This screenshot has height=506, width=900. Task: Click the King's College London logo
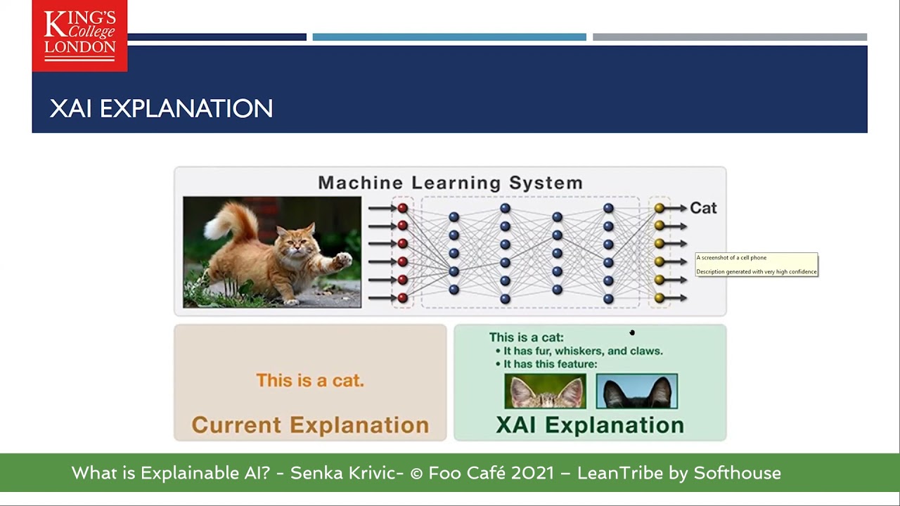pyautogui.click(x=79, y=35)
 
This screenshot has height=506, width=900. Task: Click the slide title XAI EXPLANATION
pyautogui.click(x=161, y=109)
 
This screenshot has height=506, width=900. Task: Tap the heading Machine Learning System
pyautogui.click(x=450, y=183)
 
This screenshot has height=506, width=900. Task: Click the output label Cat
pyautogui.click(x=702, y=208)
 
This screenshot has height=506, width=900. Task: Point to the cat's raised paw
pyautogui.click(x=342, y=261)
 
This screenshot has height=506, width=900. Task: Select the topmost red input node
pyautogui.click(x=402, y=208)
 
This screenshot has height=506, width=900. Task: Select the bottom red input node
pyautogui.click(x=402, y=298)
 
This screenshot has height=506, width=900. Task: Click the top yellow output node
pyautogui.click(x=659, y=208)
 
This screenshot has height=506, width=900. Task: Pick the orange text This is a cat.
pyautogui.click(x=310, y=380)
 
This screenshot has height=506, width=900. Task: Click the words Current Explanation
pyautogui.click(x=310, y=425)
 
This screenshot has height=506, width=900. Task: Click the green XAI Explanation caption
pyautogui.click(x=589, y=425)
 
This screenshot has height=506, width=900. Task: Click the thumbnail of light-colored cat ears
pyautogui.click(x=545, y=391)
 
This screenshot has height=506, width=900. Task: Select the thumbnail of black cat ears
pyautogui.click(x=636, y=391)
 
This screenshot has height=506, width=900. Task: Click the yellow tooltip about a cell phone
pyautogui.click(x=757, y=264)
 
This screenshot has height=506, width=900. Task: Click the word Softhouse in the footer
pyautogui.click(x=737, y=473)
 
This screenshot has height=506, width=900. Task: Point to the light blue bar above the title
pyautogui.click(x=449, y=37)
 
